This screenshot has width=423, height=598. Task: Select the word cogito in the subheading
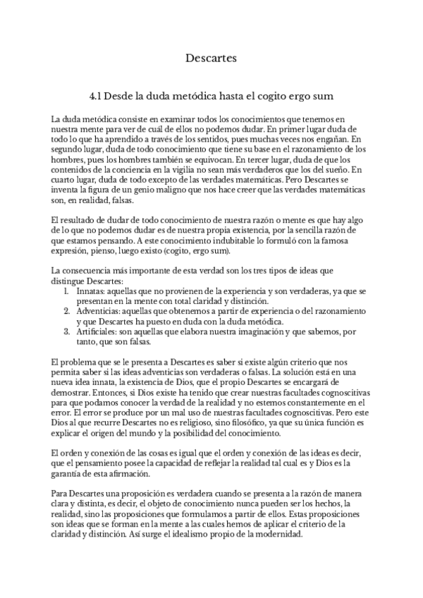273,94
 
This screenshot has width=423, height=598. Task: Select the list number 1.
67,291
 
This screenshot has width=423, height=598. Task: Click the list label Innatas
93,291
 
